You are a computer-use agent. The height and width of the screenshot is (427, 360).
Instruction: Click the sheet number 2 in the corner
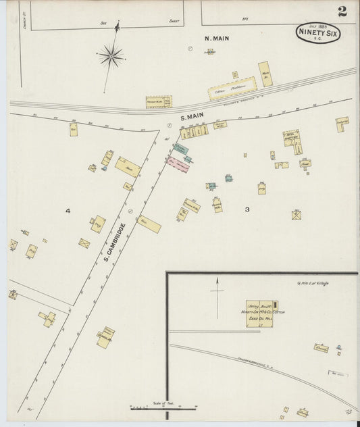coord(343,11)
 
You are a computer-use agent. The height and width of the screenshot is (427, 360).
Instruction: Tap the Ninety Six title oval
coord(318,32)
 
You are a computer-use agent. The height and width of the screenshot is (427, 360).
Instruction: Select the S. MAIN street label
coord(192,116)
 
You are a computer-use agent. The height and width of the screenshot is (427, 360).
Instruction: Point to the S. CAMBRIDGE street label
coord(115,241)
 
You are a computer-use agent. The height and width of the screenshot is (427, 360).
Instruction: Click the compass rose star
coord(111,56)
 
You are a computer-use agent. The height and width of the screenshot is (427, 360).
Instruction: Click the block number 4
coord(68,211)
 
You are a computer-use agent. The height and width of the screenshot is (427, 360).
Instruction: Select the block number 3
coord(247,209)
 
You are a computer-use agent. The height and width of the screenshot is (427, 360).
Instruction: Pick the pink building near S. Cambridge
coord(178,163)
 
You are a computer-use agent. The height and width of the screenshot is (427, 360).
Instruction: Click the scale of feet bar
coord(162,407)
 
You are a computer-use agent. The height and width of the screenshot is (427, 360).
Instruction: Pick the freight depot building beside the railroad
coord(159,102)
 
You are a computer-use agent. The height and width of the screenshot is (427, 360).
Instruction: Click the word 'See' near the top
coord(103,22)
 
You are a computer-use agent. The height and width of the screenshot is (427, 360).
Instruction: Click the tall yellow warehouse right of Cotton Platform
coord(265,74)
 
